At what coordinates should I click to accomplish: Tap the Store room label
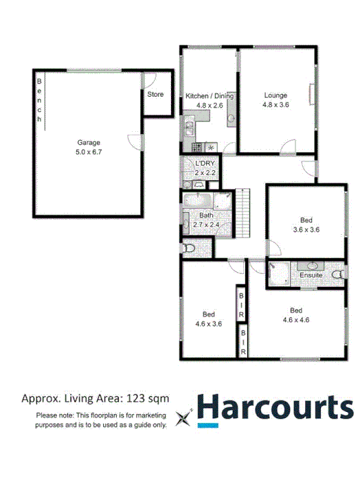155,94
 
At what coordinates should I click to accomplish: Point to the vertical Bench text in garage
40,100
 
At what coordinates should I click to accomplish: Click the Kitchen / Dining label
209,96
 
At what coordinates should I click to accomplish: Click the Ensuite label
311,275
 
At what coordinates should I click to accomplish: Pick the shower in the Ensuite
277,272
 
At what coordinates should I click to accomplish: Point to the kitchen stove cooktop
197,146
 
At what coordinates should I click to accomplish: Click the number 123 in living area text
135,398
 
